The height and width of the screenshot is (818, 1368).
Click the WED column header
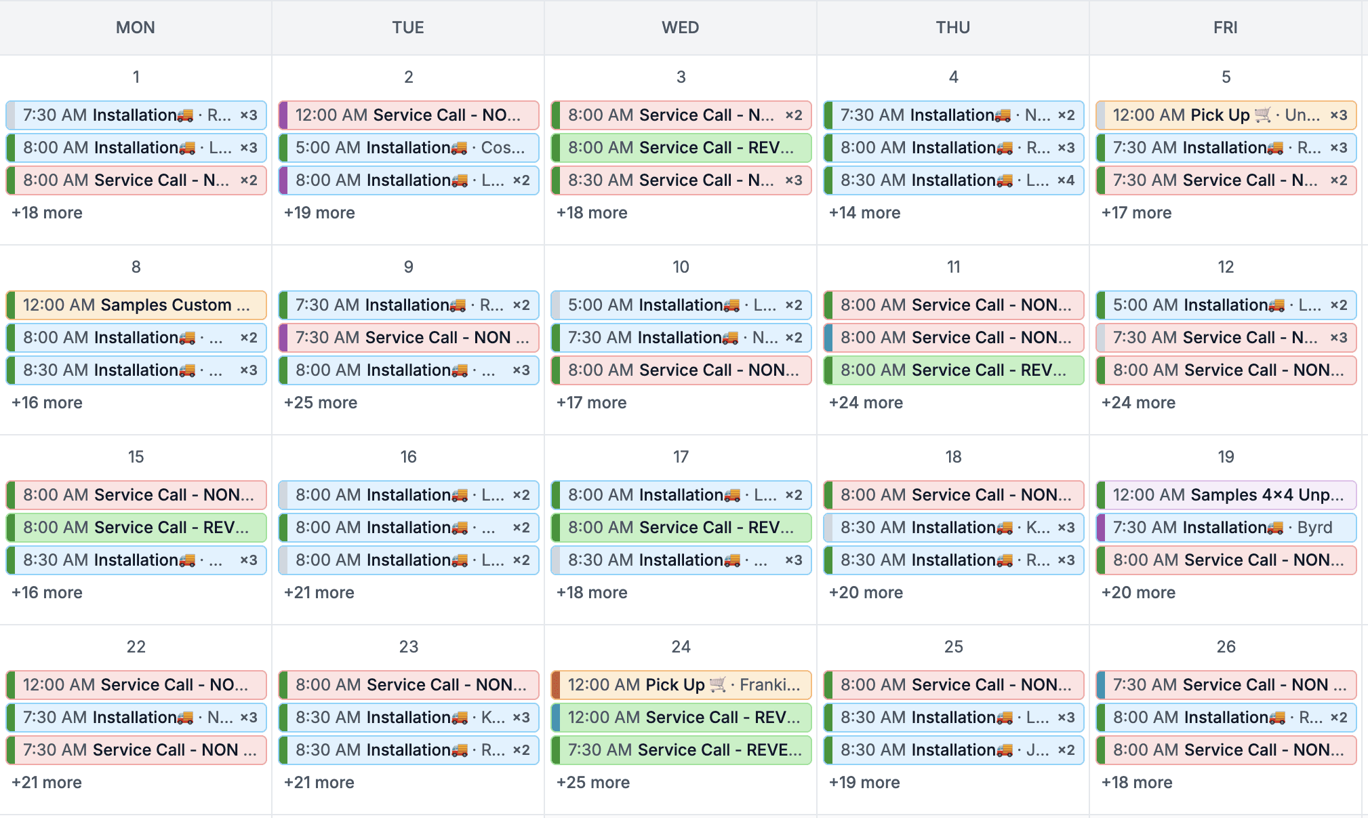680,27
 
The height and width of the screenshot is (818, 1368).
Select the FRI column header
1225,27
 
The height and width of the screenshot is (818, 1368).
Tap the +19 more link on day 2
319,212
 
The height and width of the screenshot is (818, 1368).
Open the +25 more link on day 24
592,782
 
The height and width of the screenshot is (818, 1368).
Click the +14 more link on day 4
864,212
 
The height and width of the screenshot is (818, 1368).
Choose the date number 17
681,456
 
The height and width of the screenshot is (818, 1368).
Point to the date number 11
953,267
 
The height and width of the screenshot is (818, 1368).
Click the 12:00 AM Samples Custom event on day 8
136,305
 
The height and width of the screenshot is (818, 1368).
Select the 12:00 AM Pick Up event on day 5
1226,115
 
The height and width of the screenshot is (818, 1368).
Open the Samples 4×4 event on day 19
1226,495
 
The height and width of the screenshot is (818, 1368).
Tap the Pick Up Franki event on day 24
681,685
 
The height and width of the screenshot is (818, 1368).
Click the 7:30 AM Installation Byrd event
1226,528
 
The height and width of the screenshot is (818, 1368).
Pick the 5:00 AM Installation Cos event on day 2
408,148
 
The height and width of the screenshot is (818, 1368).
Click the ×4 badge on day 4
1066,180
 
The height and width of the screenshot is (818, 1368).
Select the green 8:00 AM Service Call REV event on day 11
953,370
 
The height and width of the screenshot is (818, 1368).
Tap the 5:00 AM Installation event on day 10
681,305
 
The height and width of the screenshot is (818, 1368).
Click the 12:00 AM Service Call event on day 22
136,685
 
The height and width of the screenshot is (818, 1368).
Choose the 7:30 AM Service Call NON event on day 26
1226,685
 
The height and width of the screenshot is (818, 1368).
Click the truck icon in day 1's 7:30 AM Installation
185,116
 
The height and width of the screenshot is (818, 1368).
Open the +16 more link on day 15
47,592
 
